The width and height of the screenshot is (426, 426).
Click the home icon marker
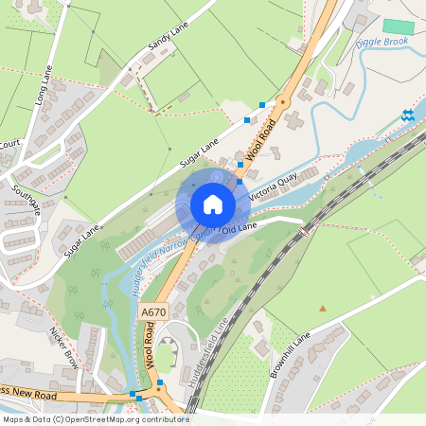(x=213, y=204)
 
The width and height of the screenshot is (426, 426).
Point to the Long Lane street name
(x=41, y=84)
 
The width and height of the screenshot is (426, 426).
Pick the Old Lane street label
(x=239, y=227)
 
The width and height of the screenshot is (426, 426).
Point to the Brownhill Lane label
(x=290, y=355)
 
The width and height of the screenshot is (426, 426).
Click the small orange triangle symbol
(x=323, y=308)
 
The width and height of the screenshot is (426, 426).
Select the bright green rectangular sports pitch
(x=399, y=27)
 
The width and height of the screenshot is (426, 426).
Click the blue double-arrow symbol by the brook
(x=408, y=115)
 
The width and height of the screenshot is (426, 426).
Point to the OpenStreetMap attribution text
(x=95, y=419)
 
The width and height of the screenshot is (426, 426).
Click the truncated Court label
(x=9, y=144)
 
